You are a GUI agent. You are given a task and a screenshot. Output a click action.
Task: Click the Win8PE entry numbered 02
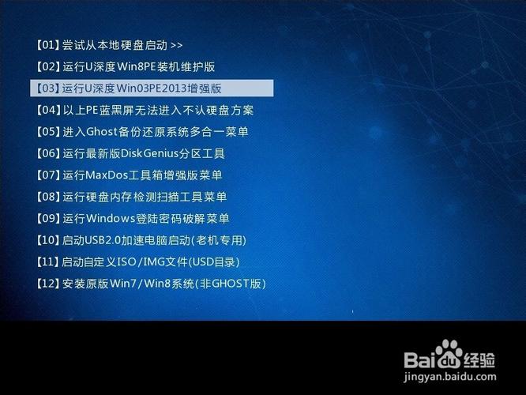126,66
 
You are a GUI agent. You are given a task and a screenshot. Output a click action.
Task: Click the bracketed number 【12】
47,283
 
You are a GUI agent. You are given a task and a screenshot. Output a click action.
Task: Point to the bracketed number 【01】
47,45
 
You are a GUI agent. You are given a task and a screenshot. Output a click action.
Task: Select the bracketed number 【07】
47,175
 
